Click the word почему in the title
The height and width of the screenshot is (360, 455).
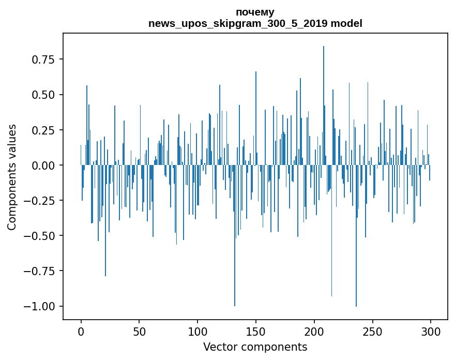[x=255, y=12]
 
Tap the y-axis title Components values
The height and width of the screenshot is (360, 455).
[x=12, y=177]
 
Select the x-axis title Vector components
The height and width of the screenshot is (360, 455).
[x=255, y=347]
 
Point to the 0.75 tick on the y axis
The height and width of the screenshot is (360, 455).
[x=43, y=59]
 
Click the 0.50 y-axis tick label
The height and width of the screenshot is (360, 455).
[x=43, y=95]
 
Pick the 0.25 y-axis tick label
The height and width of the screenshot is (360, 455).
[x=43, y=130]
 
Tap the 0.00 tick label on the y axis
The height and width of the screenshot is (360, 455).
[x=43, y=165]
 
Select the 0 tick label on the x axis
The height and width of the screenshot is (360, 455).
[x=81, y=331]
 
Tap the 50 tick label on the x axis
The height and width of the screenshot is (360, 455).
[x=139, y=331]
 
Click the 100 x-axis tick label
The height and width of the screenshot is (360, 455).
[x=198, y=331]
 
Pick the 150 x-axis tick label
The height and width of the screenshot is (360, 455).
[x=256, y=331]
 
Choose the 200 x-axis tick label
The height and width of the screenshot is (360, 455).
[x=314, y=331]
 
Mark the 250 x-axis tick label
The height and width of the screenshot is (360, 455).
[x=373, y=331]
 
